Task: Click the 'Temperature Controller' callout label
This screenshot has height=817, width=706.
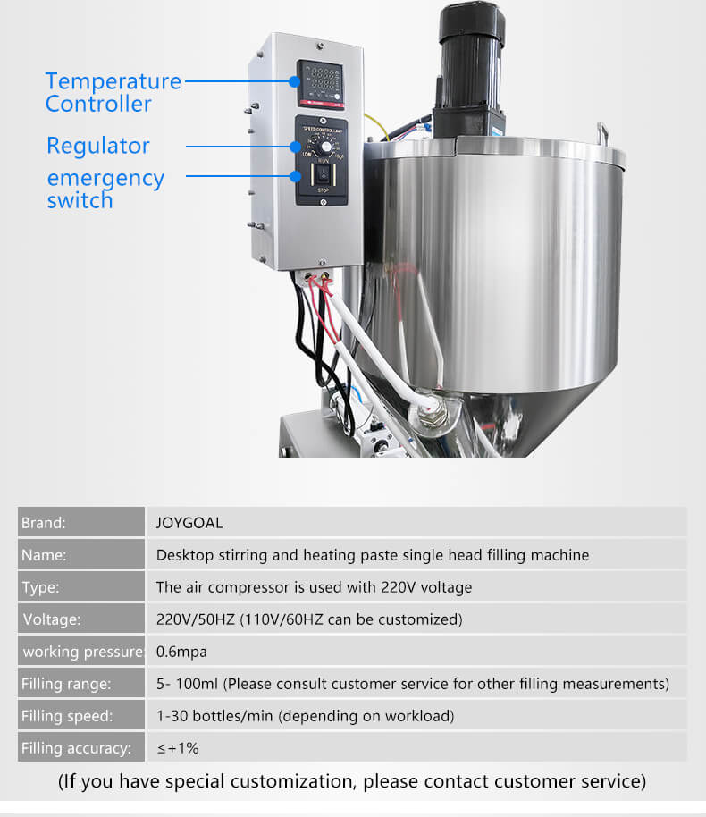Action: [x=113, y=92]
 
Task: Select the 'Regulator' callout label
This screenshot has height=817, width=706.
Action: [x=98, y=146]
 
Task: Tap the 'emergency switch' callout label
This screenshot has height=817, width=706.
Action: [x=105, y=189]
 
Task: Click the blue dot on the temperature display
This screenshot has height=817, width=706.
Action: [x=294, y=81]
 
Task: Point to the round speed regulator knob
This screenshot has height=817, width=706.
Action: [x=325, y=147]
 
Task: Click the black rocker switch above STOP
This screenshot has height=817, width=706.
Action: [x=323, y=174]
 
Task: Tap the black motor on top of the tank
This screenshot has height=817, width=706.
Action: [x=469, y=71]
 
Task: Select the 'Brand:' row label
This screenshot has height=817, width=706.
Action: [x=44, y=523]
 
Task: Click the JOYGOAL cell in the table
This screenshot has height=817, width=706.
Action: [x=189, y=523]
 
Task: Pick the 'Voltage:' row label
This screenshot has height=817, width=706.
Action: [x=52, y=619]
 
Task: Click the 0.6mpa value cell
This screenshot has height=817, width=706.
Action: [x=181, y=652]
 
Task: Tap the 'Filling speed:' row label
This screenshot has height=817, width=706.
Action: [x=67, y=716]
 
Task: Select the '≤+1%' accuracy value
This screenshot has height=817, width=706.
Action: [x=178, y=748]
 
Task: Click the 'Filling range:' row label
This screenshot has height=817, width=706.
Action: [x=66, y=684]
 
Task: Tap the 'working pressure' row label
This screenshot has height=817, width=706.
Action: [x=83, y=652]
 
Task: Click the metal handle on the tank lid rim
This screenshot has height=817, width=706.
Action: [x=602, y=132]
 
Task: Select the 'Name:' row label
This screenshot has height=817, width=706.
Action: [x=44, y=555]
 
